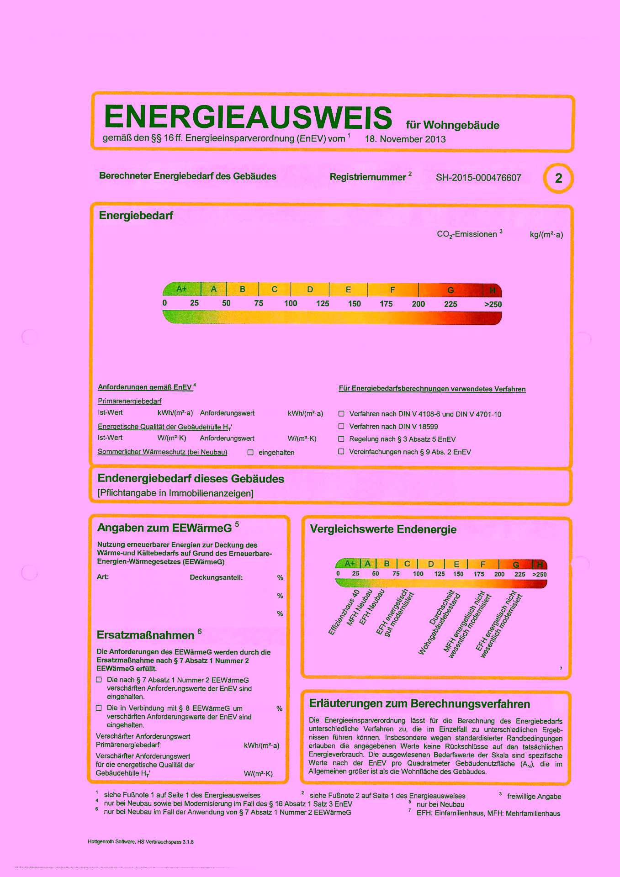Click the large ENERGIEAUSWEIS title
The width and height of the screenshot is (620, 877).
(248, 117)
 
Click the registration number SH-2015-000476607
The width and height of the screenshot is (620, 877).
(478, 178)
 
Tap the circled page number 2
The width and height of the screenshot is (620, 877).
(558, 178)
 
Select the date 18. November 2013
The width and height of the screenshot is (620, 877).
(405, 139)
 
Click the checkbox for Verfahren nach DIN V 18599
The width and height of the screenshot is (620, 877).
(341, 426)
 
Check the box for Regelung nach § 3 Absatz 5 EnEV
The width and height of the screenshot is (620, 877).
(341, 439)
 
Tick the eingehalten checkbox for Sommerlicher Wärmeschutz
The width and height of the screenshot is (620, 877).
(250, 453)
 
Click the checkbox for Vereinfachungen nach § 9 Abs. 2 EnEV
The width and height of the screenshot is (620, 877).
(341, 451)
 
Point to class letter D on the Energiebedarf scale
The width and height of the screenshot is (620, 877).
(310, 290)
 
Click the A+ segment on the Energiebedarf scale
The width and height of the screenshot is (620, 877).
(182, 289)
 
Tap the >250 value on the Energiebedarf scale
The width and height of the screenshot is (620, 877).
(493, 305)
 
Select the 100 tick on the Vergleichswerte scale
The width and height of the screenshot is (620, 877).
(418, 574)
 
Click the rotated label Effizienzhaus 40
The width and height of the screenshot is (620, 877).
(344, 613)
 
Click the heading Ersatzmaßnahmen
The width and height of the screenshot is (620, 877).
(146, 635)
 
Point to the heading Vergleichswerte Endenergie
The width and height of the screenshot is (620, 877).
(383, 529)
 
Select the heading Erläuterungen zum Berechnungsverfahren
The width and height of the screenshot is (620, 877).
(419, 704)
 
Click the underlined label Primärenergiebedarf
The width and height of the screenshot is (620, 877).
(130, 402)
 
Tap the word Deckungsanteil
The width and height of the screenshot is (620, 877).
(216, 578)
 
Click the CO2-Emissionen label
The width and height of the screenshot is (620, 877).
(467, 234)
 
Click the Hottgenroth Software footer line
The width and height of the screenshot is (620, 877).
(141, 842)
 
